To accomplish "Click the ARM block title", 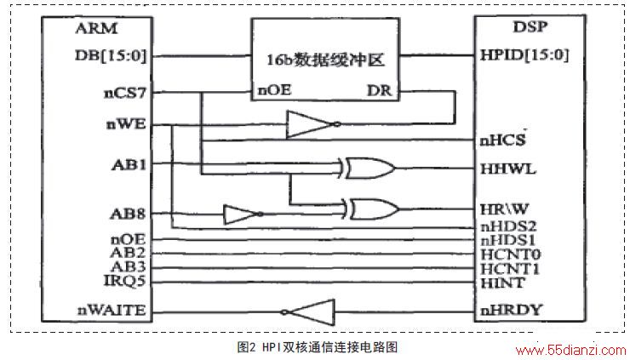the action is click(96, 28).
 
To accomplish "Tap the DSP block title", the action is click(530, 26).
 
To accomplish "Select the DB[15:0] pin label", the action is click(111, 56).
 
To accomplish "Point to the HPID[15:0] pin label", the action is click(524, 54).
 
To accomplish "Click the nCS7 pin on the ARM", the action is click(125, 94).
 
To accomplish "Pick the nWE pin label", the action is click(126, 124).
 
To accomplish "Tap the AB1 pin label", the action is click(129, 164).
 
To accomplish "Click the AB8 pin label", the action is click(128, 214).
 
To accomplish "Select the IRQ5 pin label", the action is click(124, 281).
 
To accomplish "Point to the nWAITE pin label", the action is click(112, 310).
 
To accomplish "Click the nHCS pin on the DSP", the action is click(502, 140).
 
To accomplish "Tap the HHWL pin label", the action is click(508, 169).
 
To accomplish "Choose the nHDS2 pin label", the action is click(508, 226).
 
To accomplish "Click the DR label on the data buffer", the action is click(379, 90).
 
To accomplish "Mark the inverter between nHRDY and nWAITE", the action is click(308, 312).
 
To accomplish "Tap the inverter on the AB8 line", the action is click(243, 214).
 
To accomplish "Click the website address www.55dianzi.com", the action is click(571, 351).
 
